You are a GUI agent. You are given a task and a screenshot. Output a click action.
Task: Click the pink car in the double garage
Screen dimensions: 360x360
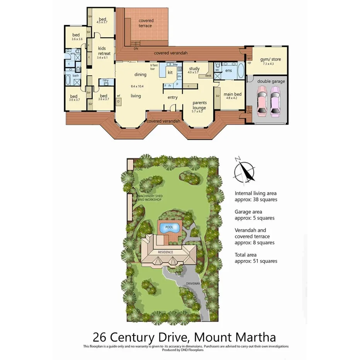point(262,101)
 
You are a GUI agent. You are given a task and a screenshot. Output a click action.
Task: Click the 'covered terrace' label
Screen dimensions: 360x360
point(146,23)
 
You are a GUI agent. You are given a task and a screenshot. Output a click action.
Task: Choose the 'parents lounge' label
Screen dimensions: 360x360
point(200,105)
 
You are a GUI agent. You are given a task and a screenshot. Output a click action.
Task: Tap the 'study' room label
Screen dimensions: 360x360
point(194,69)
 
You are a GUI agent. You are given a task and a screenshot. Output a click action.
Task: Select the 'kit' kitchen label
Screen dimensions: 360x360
point(170,72)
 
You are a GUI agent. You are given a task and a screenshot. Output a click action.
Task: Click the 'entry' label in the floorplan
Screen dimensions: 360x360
point(172,97)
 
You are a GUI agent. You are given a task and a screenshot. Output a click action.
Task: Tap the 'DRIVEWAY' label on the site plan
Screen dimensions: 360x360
point(193,283)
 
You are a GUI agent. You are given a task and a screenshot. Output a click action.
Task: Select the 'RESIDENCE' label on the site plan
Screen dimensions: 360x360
point(166,252)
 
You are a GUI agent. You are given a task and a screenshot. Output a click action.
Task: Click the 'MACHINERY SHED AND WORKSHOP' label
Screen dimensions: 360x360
point(149,198)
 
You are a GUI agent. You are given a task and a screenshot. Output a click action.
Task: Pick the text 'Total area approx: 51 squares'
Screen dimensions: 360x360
point(256,258)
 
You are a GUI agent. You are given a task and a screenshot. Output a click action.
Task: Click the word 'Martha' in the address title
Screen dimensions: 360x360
point(253,336)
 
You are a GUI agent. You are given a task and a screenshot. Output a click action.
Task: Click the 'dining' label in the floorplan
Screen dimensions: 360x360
point(140,75)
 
